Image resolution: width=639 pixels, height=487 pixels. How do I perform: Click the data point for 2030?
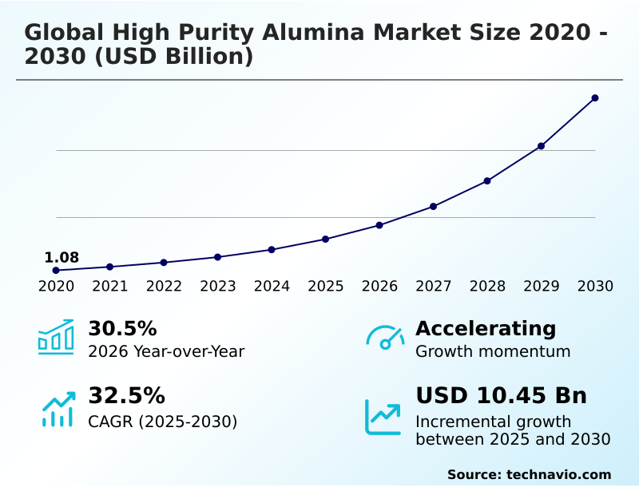click(595, 98)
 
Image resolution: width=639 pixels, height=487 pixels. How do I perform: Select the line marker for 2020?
click(56, 271)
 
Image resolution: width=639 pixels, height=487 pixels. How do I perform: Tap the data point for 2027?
click(433, 206)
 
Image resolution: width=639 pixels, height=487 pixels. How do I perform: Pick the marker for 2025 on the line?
click(326, 239)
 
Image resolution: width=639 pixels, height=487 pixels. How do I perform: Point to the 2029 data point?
click(541, 146)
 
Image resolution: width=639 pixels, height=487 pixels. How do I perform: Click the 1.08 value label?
click(62, 257)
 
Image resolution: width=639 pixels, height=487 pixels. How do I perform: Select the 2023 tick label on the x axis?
click(218, 286)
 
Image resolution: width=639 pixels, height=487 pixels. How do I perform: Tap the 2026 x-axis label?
click(379, 286)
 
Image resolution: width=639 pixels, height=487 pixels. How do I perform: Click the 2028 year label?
click(487, 286)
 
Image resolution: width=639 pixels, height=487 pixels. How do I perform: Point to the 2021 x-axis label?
click(110, 286)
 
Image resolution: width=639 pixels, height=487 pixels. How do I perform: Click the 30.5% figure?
click(122, 329)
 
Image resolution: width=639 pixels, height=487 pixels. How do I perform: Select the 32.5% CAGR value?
click(126, 396)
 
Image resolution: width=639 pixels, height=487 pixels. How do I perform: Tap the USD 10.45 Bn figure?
click(501, 395)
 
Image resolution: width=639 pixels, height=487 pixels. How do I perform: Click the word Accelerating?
click(486, 328)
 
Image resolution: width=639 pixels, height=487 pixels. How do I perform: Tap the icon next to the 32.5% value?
click(58, 408)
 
